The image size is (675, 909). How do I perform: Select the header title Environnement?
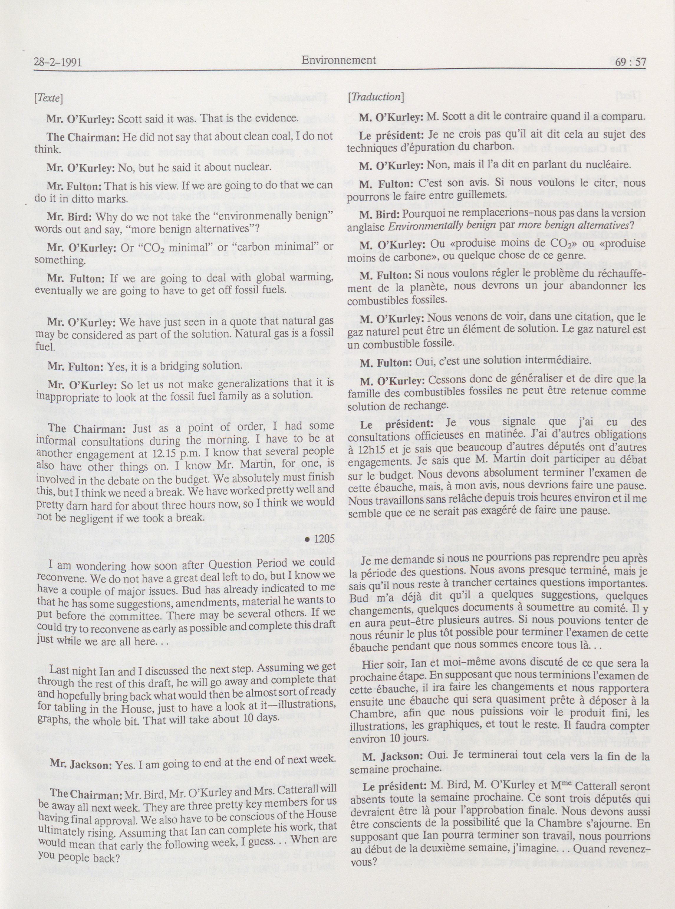point(339,60)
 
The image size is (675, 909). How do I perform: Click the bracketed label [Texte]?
point(49,98)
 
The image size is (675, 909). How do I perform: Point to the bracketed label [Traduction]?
point(376,97)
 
